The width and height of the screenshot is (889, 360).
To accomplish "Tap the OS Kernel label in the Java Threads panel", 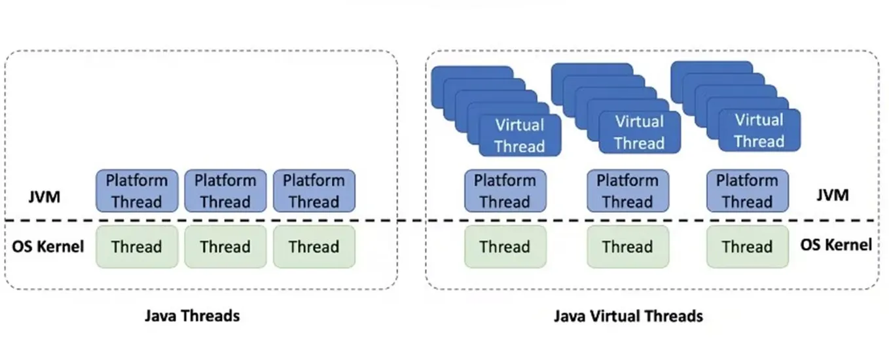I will coord(48,247).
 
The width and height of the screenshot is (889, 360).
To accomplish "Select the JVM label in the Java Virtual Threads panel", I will coord(833,195).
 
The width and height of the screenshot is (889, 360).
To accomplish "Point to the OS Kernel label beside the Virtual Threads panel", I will coord(836,245).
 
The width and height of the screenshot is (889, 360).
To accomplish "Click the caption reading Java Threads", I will coord(192,316).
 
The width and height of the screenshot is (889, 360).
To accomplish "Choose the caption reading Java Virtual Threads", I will coord(628,316).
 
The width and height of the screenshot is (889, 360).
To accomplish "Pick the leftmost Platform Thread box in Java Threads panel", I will coord(137,190).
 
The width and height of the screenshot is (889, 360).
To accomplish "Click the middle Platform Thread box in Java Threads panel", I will coord(225,190).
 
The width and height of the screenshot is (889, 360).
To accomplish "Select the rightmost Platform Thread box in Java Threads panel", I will coord(314,190).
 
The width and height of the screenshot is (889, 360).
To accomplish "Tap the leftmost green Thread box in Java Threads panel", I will coord(137,247).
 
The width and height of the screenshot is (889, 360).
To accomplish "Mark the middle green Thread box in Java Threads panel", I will coord(225,247).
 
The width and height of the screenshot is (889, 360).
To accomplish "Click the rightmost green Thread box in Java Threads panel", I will coord(314,247).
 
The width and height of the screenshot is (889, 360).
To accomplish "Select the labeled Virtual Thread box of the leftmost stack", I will coord(520,135).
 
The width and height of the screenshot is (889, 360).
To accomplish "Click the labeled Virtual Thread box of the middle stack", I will coord(639,132).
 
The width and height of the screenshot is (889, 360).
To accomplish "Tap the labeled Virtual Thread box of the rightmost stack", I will coord(759,130).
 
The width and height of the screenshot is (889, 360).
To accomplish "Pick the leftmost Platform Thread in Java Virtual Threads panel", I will coord(505,190).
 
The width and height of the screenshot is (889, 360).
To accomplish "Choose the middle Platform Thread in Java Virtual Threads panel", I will coord(627,190).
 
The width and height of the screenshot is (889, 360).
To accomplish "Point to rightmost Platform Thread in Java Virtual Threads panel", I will coord(747,190).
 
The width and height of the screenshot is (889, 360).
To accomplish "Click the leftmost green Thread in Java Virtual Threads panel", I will coord(505,247).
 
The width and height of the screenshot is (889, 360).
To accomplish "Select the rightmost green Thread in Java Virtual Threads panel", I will coord(747,247).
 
